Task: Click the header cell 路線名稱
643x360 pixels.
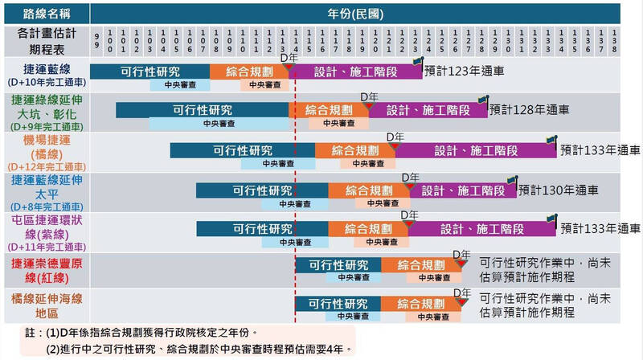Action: pyautogui.click(x=46, y=13)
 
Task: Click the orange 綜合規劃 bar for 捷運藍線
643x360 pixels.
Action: pyautogui.click(x=248, y=71)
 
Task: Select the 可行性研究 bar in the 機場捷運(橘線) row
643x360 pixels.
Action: pyautogui.click(x=242, y=150)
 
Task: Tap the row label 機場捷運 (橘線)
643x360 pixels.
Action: pyautogui.click(x=46, y=153)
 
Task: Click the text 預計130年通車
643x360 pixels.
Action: pyautogui.click(x=559, y=190)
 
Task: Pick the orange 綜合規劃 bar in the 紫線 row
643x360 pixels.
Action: pyautogui.click(x=367, y=229)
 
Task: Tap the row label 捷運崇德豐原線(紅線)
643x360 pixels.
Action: pyautogui.click(x=46, y=270)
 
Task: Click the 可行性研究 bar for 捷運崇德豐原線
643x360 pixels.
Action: pyautogui.click(x=338, y=265)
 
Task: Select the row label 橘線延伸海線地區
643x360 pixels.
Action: pyautogui.click(x=46, y=307)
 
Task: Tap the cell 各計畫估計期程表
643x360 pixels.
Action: pyautogui.click(x=46, y=39)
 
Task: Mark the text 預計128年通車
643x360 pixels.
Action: pyautogui.click(x=530, y=109)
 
